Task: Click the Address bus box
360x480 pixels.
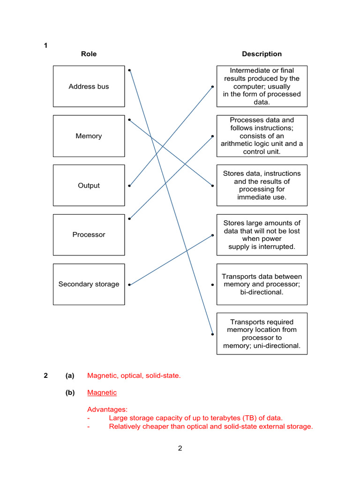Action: tap(89, 86)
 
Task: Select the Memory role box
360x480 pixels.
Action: tap(89, 136)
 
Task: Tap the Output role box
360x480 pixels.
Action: tap(89, 185)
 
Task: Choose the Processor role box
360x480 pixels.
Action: tap(89, 234)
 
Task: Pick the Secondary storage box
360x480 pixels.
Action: tap(89, 284)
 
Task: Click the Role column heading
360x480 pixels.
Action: tap(89, 54)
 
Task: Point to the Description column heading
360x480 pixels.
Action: tap(262, 54)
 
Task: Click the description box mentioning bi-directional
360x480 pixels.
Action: tap(262, 284)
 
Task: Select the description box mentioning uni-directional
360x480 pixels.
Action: tap(262, 333)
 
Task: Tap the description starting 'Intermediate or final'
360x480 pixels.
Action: tap(262, 86)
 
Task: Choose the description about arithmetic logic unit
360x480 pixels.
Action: tap(262, 136)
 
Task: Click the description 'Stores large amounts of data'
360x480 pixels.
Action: tap(262, 234)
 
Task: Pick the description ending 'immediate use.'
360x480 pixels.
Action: tap(262, 185)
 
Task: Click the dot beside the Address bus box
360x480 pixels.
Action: tap(129, 70)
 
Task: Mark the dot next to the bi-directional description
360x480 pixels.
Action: tap(212, 285)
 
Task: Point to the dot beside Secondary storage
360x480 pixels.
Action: tap(129, 285)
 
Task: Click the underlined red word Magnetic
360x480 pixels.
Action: tap(102, 392)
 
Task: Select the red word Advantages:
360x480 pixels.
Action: tap(107, 409)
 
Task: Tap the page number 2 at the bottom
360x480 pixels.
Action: tap(180, 448)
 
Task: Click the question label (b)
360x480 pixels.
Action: tap(70, 392)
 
